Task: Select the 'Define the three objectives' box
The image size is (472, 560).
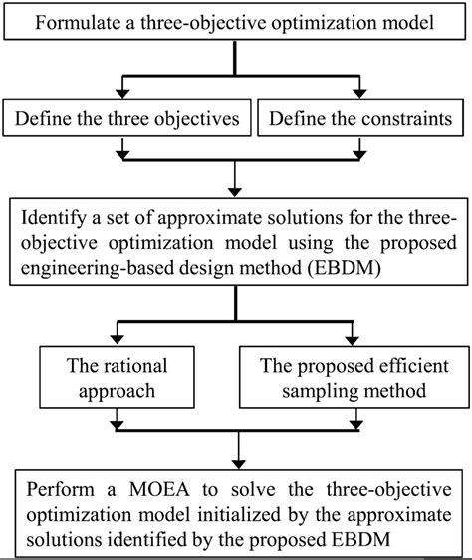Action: click(127, 120)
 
